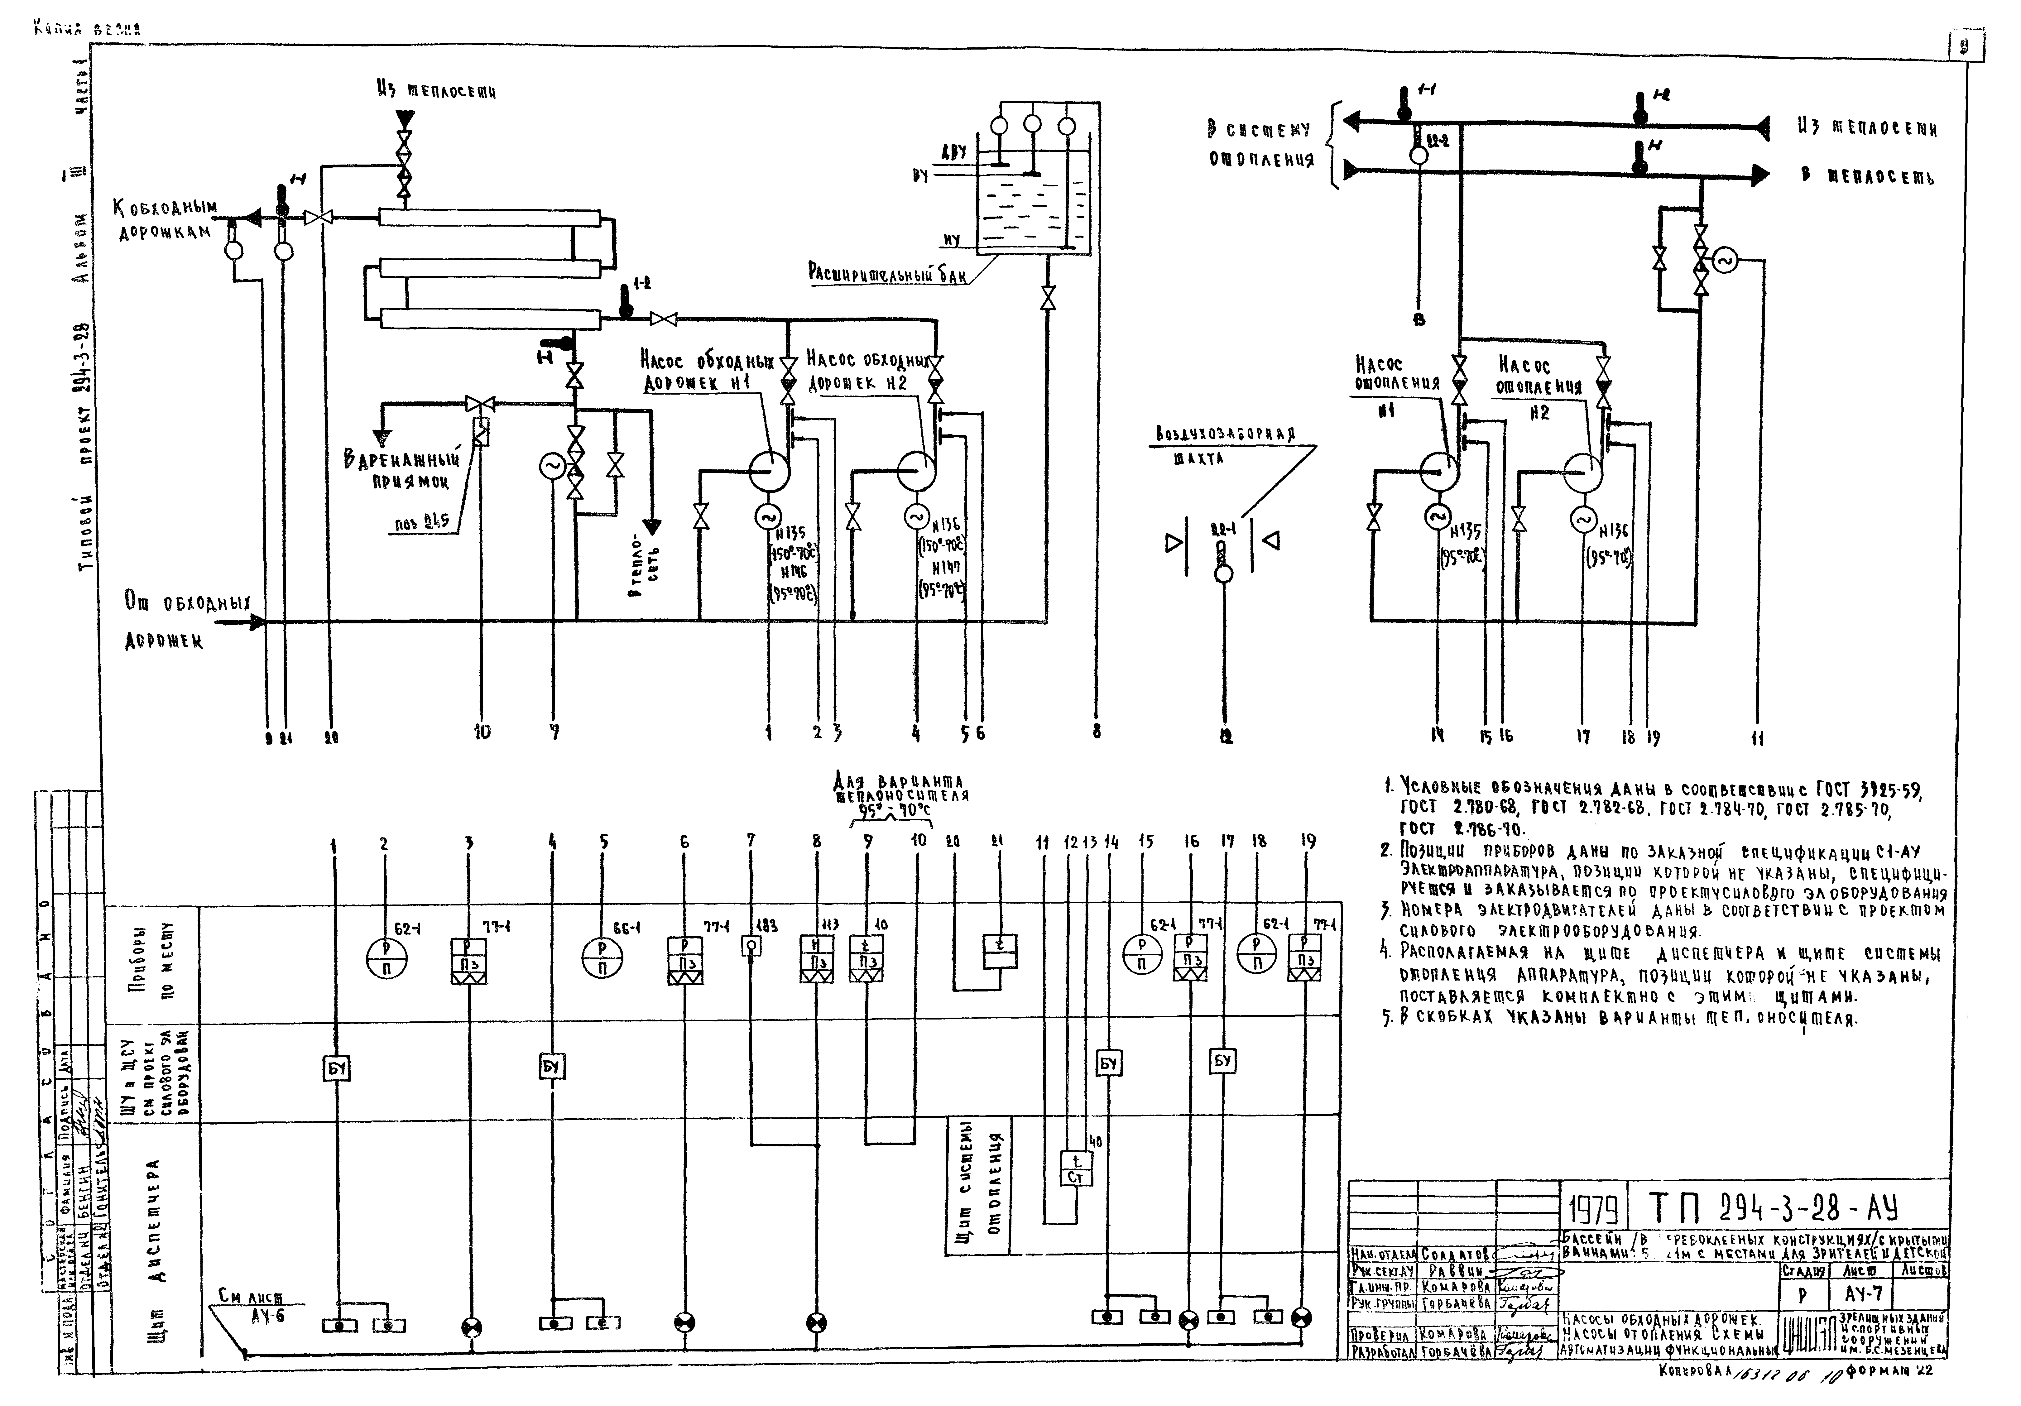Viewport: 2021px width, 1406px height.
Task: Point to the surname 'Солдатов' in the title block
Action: click(x=1455, y=1254)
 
